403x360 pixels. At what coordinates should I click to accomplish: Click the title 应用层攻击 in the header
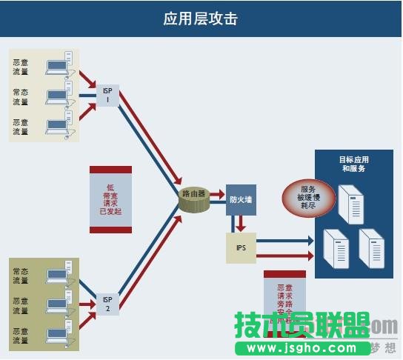point(201,19)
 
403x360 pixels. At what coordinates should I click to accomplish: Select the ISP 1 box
point(107,96)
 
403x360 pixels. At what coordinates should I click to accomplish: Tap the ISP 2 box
point(107,303)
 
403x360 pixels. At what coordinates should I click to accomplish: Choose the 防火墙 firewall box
point(240,199)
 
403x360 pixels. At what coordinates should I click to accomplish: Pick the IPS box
point(240,248)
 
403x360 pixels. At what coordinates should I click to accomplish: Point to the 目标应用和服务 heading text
point(353,164)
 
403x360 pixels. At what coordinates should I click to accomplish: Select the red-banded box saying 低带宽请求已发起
point(110,199)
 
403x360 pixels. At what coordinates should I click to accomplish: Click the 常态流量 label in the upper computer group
point(21,97)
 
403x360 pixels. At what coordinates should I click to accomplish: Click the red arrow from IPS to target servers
point(284,256)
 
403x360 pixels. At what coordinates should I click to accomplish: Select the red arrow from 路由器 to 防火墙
point(216,196)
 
